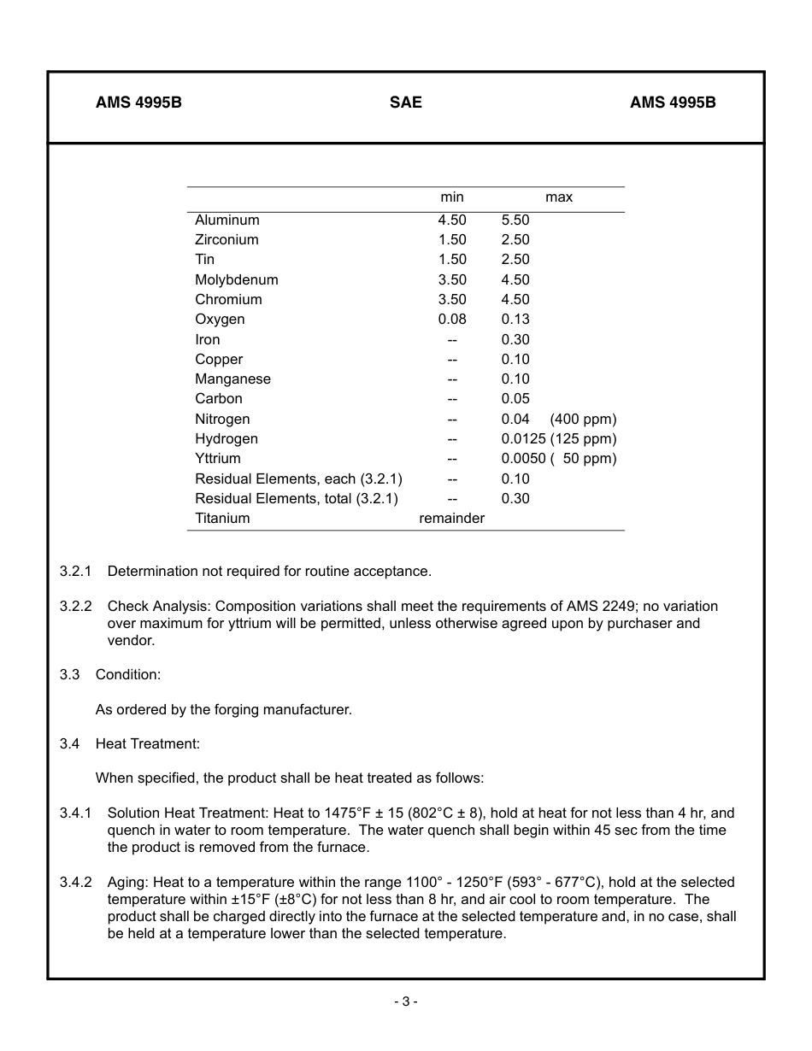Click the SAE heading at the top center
click(x=405, y=103)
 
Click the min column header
click(x=452, y=197)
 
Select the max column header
click(x=559, y=197)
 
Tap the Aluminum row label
click(x=227, y=220)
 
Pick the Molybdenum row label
click(x=236, y=280)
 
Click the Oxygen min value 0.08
click(x=452, y=320)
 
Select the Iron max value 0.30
click(x=515, y=340)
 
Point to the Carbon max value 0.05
click(x=515, y=399)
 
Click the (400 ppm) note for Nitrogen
click(x=583, y=420)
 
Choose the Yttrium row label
click(x=218, y=459)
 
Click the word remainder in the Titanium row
click(x=451, y=519)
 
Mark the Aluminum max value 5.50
click(x=515, y=220)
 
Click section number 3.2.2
click(x=75, y=607)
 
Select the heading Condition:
click(x=128, y=675)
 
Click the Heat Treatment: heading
click(x=148, y=744)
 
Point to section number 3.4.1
click(x=75, y=813)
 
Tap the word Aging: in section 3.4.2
click(x=127, y=883)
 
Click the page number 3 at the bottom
click(x=406, y=1001)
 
